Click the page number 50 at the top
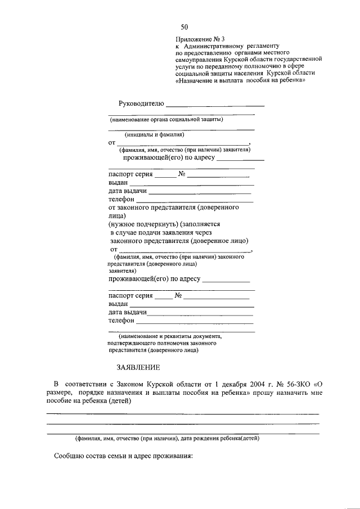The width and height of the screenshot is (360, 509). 184,27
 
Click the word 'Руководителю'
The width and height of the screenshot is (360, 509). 141,103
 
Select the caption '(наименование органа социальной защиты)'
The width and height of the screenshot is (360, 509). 166,119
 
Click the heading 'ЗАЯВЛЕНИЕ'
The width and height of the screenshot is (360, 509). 138,368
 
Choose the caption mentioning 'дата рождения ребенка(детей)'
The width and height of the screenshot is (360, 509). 168,438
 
